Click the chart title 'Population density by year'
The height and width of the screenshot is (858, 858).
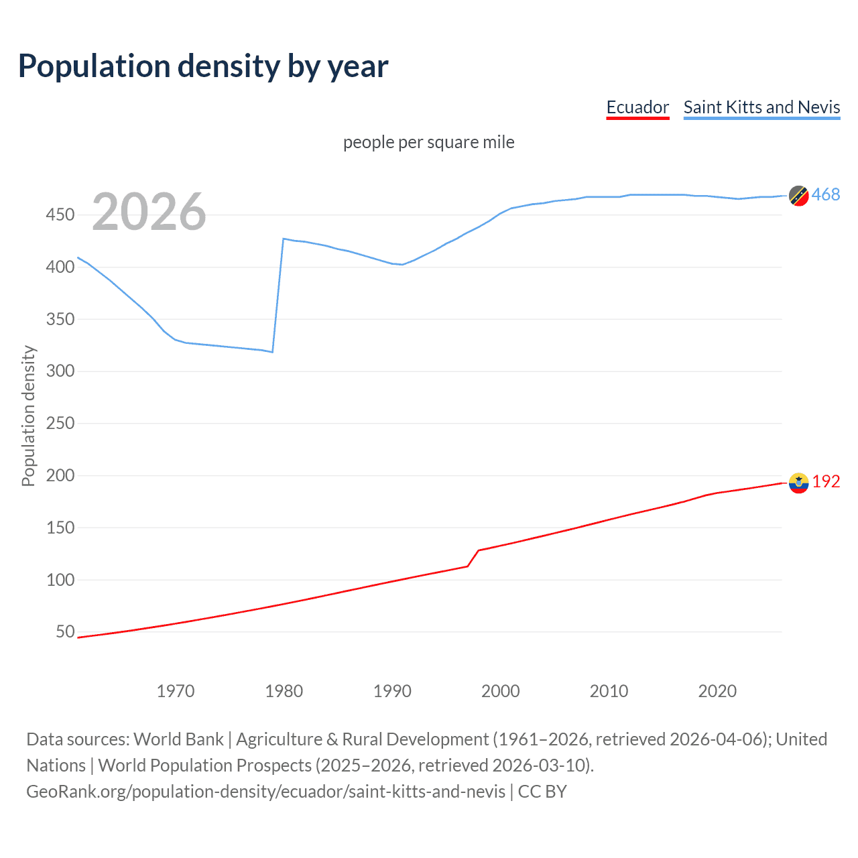tap(203, 66)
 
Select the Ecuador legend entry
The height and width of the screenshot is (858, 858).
tap(637, 107)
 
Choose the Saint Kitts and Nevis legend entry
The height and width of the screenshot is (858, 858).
tap(761, 107)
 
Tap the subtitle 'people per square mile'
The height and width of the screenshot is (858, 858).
tap(428, 142)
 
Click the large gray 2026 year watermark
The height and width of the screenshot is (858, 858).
tap(149, 212)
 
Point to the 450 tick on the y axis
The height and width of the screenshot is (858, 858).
tap(60, 214)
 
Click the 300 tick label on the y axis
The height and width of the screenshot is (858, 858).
tap(60, 371)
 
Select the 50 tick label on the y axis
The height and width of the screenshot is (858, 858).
tap(65, 631)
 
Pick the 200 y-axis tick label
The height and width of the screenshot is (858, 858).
tap(60, 475)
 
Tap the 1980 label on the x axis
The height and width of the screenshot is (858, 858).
tap(284, 691)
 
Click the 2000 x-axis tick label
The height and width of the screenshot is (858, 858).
tap(500, 691)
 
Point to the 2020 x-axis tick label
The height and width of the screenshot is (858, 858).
tap(717, 691)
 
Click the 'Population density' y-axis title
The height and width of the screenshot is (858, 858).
tap(28, 416)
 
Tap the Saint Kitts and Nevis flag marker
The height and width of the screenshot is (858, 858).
tap(798, 195)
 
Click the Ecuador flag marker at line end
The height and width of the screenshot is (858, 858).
tap(798, 483)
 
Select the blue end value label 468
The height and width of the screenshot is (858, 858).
tap(826, 194)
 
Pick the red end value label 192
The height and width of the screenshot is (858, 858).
tap(826, 481)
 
